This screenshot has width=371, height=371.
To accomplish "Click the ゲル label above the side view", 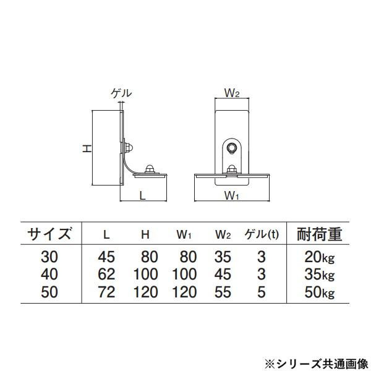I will (121, 93).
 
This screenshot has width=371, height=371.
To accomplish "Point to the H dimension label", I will (88, 148).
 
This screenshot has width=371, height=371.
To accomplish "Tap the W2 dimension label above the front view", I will (232, 94).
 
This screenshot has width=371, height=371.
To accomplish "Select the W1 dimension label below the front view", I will (232, 197).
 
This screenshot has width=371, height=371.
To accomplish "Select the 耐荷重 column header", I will (320, 234).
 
